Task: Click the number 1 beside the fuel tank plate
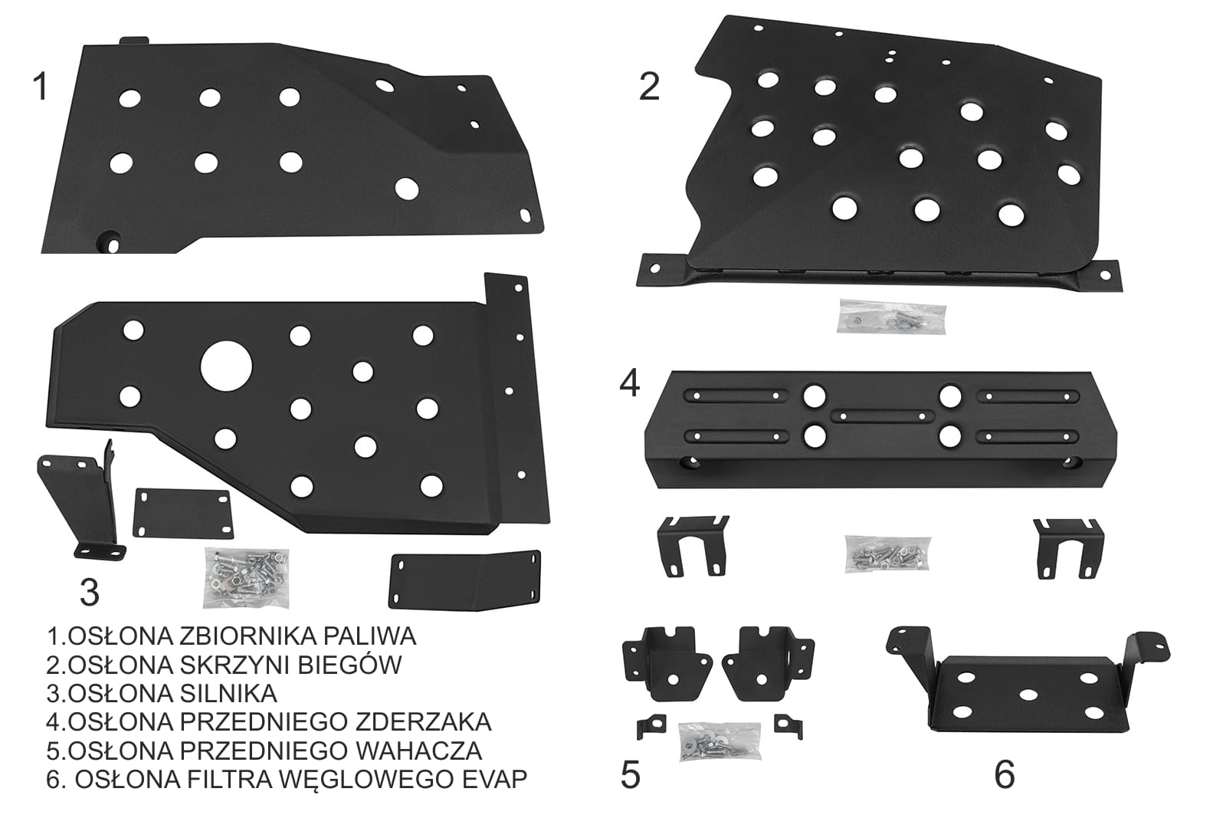click(41, 87)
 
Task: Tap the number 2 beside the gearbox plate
click(649, 87)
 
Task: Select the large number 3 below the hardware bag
click(90, 593)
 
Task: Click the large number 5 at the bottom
click(631, 775)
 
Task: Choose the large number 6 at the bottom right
click(1005, 775)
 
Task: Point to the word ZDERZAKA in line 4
click(423, 722)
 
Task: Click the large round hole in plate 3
click(226, 367)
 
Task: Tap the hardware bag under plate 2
click(892, 317)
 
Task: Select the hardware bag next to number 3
click(246, 578)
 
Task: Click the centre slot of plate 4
click(882, 416)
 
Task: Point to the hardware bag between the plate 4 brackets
click(887, 554)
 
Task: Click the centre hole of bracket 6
click(1028, 695)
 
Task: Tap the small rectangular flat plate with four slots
click(183, 514)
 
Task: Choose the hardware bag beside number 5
click(720, 741)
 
